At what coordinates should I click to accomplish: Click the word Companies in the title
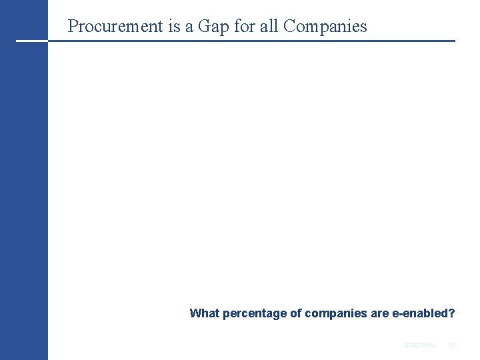[325, 27]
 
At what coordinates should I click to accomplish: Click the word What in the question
[204, 313]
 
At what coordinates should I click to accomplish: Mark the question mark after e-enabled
[452, 313]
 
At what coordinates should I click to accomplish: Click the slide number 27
[452, 345]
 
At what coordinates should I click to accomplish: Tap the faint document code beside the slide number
[420, 345]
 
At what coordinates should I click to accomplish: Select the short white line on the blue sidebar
[31, 41]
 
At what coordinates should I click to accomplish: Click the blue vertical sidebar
[24, 200]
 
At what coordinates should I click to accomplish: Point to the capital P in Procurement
[73, 27]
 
